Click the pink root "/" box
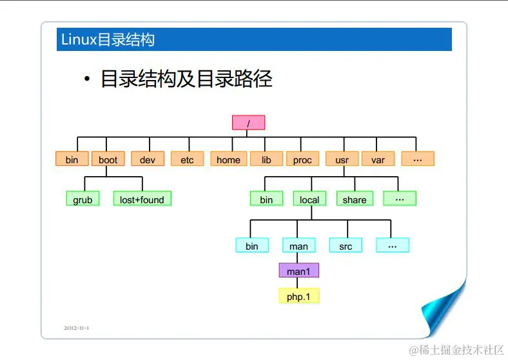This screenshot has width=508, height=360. tap(248, 123)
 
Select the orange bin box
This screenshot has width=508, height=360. tap(72, 159)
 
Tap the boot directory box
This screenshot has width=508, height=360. tap(108, 159)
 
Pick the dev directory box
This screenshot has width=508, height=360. tap(148, 159)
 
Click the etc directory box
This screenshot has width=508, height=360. tap(187, 159)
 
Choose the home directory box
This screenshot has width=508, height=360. tap(228, 159)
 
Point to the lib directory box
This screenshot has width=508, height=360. tap(266, 159)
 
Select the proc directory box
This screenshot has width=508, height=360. tap(302, 159)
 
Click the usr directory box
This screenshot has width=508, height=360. tap(342, 159)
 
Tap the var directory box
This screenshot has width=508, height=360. tap(378, 159)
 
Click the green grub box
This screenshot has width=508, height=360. tap(83, 199)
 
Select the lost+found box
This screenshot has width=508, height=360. tap(142, 199)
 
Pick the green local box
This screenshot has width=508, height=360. tap(309, 199)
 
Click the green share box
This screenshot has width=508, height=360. tap(355, 199)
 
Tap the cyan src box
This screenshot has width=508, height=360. tap(346, 246)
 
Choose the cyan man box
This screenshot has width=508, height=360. tap(298, 246)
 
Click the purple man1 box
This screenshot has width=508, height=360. tap(298, 271)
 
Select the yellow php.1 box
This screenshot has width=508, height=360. tap(298, 297)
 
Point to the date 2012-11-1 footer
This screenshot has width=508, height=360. tap(76, 328)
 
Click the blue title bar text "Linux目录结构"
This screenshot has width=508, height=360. tap(108, 39)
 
